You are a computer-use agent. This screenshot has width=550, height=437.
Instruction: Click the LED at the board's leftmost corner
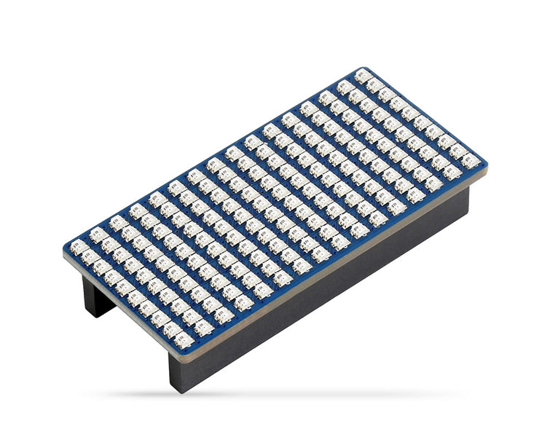point(77,246)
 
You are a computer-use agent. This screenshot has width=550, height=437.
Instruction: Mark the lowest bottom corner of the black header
point(179,392)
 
